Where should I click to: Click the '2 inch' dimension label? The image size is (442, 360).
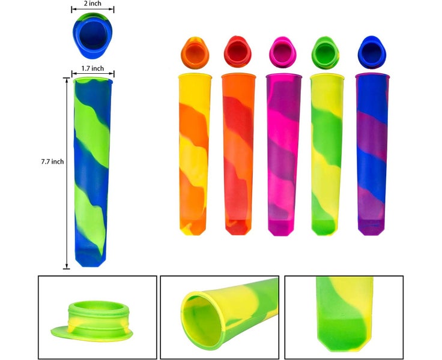click(x=92, y=4)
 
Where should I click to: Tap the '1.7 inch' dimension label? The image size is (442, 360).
click(x=93, y=68)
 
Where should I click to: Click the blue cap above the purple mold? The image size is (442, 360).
click(x=371, y=52)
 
